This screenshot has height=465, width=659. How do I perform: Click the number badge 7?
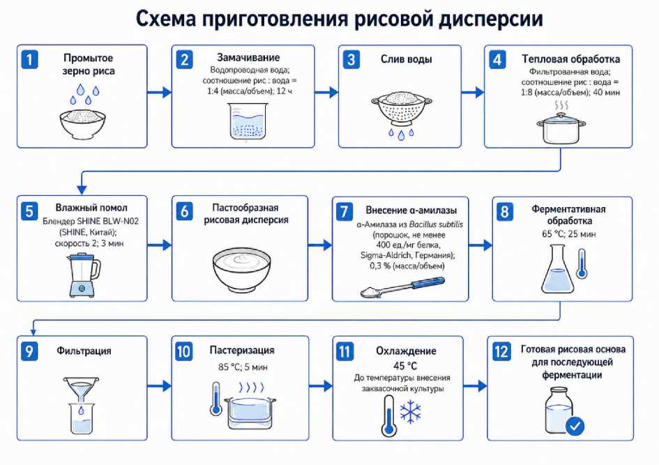pos(344,211)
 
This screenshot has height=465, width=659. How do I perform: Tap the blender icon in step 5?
pos(84,275)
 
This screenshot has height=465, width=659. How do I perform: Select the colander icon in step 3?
pos(402,109)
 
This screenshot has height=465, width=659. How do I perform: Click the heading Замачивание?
pos(248,58)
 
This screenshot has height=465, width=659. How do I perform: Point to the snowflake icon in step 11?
pos(410,411)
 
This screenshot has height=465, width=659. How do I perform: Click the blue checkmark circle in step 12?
pos(575,427)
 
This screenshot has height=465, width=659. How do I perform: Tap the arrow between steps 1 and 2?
pos(159,93)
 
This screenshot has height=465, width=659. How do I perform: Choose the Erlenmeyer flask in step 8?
pos(557,269)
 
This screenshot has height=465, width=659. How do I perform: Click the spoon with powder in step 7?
pos(402,287)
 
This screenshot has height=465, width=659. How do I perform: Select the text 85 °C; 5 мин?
pos(243,367)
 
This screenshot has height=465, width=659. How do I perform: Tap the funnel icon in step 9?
pos(81,388)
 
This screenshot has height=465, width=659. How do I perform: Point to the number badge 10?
pos(183,351)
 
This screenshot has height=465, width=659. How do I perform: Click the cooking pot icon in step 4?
pos(561,128)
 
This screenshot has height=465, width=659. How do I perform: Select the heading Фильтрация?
pos(84,351)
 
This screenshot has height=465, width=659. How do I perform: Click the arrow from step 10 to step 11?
pos(321,386)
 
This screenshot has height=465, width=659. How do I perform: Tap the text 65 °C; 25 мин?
pos(568,234)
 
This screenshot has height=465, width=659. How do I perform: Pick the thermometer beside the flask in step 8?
pos(582,264)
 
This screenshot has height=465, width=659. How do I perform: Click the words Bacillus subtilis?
pos(436,224)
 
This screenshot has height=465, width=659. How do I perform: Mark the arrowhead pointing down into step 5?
pos(82,190)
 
